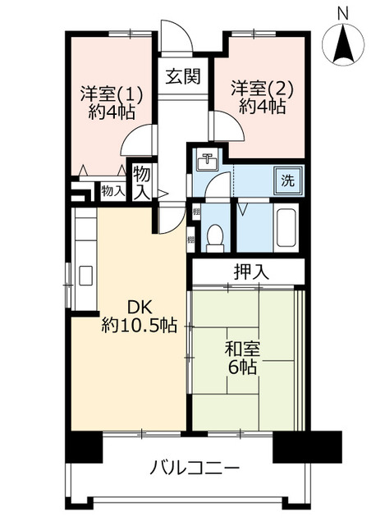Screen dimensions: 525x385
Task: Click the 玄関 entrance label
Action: [182, 78]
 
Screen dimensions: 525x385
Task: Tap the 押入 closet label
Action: [249, 271]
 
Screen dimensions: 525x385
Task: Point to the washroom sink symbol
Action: [208, 162]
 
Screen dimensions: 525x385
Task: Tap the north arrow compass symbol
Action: [343, 45]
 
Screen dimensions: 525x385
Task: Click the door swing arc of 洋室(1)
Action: [138, 141]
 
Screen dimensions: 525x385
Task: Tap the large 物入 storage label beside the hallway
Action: [142, 182]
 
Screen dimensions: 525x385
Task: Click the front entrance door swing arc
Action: [174, 37]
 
